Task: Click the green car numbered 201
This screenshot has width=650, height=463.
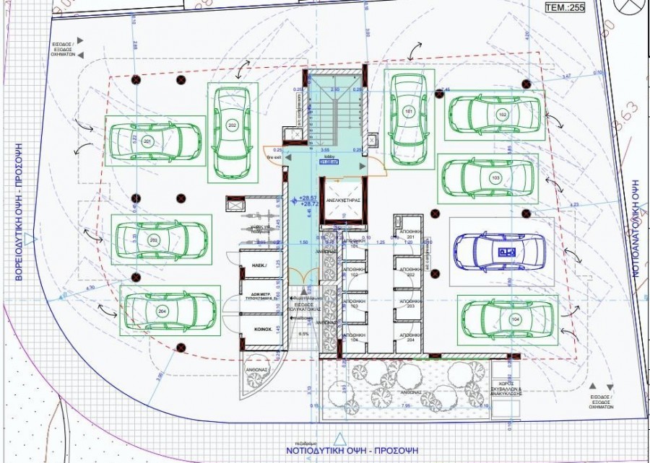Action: (x=149, y=140)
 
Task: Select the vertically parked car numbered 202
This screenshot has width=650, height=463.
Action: (x=233, y=131)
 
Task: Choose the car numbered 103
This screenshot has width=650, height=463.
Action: (x=490, y=177)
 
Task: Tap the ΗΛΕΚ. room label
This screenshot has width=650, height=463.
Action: (x=261, y=266)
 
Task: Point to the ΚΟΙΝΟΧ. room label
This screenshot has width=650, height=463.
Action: (x=261, y=328)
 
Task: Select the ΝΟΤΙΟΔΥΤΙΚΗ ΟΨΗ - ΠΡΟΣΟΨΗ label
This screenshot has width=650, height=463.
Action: (x=347, y=452)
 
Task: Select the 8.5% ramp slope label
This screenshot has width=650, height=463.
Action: (x=304, y=334)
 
